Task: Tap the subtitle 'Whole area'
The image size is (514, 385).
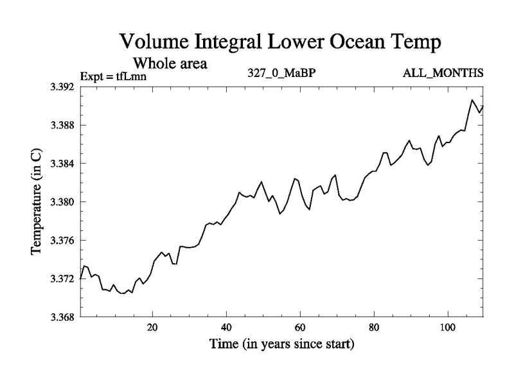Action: (x=170, y=64)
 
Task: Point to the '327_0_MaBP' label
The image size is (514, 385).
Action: (x=281, y=73)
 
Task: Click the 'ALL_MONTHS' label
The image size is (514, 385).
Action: (x=443, y=73)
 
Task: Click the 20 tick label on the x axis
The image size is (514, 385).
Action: (x=152, y=327)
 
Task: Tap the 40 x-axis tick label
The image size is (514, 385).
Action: (x=226, y=327)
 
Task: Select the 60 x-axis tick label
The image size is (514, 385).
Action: (x=300, y=327)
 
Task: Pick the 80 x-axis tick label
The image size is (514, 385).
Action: (x=374, y=327)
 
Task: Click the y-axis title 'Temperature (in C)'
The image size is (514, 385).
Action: (x=37, y=202)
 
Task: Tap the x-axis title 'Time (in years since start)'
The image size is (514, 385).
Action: (x=281, y=345)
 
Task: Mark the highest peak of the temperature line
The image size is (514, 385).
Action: (x=472, y=100)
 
